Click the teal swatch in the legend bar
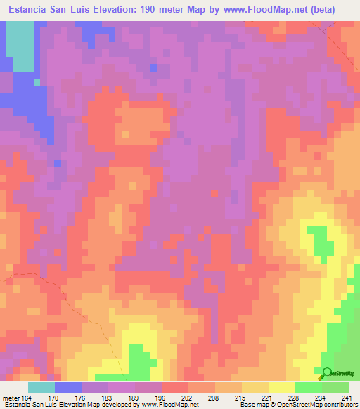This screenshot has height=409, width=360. point(41,387)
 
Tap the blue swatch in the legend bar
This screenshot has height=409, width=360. point(68,387)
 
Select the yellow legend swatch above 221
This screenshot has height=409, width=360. point(255,387)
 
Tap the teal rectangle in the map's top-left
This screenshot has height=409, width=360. point(23,46)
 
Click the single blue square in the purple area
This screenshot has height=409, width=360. point(153,67)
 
